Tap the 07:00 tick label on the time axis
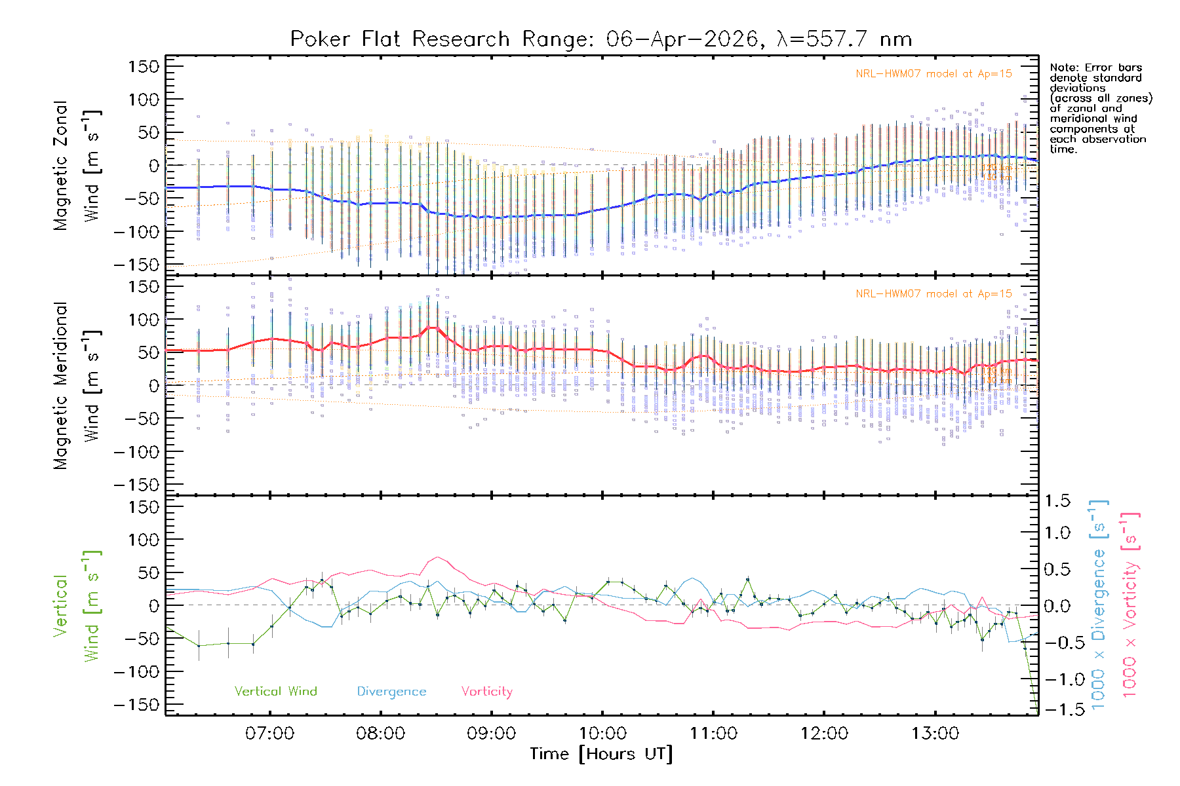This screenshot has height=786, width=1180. [269, 733]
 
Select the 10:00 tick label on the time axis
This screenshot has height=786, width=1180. [602, 733]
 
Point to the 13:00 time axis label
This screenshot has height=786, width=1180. [935, 733]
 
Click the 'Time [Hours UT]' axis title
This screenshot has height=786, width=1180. [601, 754]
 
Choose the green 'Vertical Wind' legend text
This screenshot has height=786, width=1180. [275, 692]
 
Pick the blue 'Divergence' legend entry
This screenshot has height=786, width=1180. [391, 692]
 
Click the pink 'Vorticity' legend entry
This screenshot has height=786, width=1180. [486, 692]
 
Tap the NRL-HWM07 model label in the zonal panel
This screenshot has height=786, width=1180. [934, 74]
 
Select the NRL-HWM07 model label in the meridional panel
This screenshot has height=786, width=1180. [934, 294]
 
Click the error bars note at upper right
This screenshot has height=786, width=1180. [1100, 108]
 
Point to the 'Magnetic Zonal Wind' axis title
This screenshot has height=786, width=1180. [77, 165]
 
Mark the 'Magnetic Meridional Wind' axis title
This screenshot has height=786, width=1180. [77, 385]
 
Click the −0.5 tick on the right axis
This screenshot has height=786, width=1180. [1057, 642]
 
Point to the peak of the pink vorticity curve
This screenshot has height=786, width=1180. [437, 557]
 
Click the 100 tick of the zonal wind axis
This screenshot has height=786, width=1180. [144, 100]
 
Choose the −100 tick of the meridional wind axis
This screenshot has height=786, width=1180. [137, 452]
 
